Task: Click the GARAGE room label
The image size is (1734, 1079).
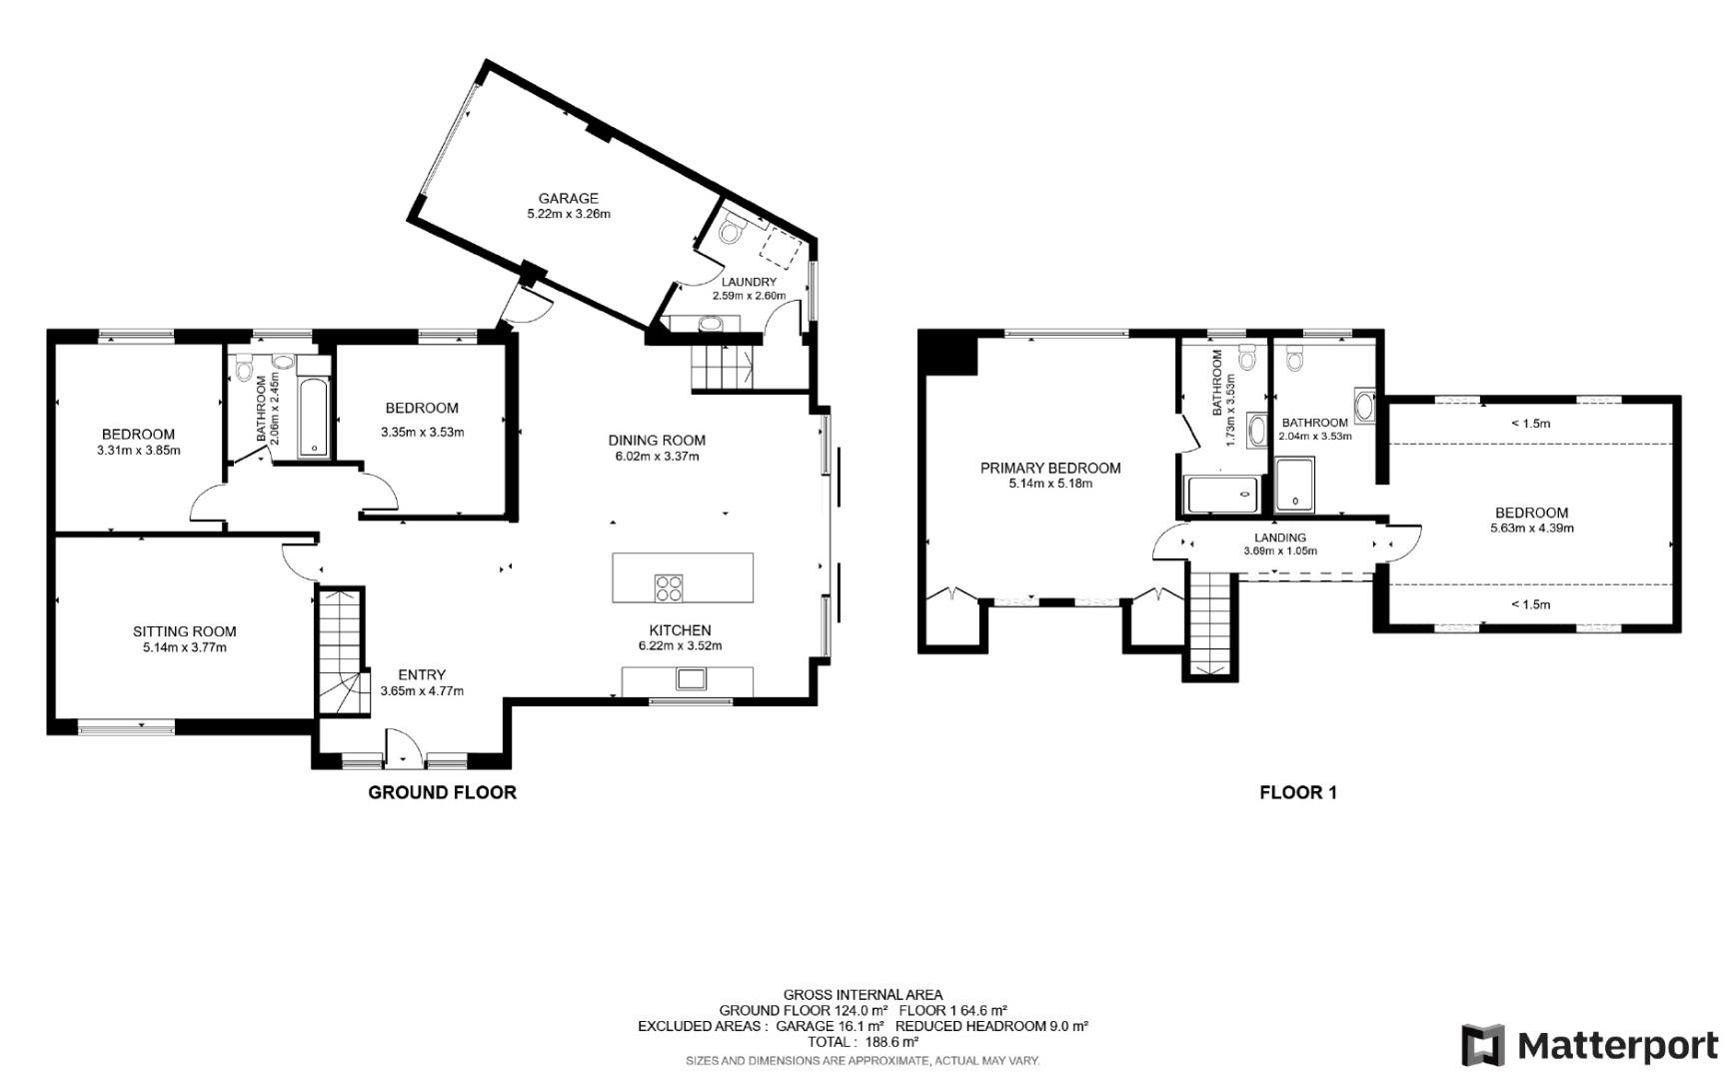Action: (568, 198)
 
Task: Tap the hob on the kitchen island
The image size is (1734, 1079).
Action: (668, 588)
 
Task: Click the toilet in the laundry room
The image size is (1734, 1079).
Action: (731, 231)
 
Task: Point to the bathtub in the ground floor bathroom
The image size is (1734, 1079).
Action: (314, 418)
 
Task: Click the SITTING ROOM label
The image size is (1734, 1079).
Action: (184, 631)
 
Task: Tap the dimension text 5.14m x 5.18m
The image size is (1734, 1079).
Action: (1050, 484)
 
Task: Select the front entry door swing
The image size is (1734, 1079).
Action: (400, 746)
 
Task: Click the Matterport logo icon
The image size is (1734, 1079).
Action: (1482, 1045)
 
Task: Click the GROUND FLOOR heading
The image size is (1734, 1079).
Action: (442, 792)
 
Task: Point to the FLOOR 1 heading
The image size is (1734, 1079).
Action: (1297, 792)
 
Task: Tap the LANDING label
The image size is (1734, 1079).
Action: (1280, 538)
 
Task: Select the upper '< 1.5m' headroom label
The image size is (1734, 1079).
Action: (1530, 424)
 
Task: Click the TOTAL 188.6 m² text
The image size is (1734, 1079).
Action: (863, 1041)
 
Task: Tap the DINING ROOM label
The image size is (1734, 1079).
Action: (657, 440)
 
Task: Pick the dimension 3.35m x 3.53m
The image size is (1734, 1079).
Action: (422, 433)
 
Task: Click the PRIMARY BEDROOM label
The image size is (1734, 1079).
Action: (1050, 468)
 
